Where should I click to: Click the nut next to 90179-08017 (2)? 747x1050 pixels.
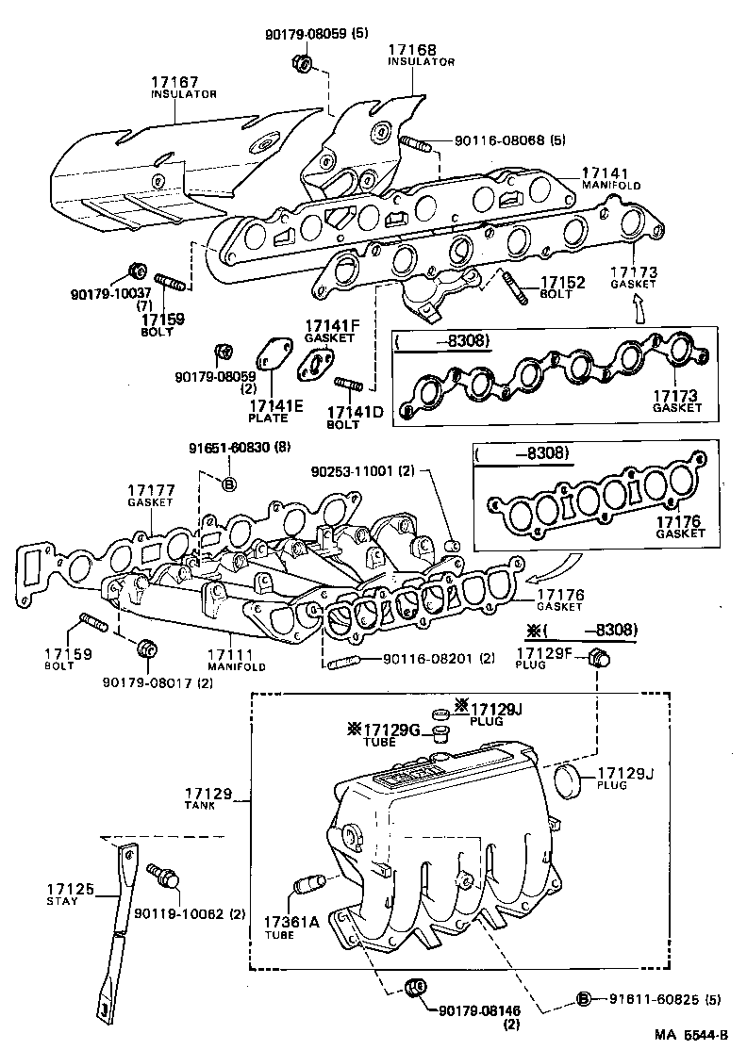click(147, 649)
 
